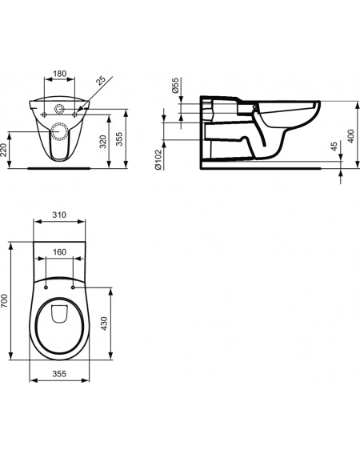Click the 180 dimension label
pos(60,74)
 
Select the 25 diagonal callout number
pos(101,81)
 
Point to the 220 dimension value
pos(4,150)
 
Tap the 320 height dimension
pos(103,141)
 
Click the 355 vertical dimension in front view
pos(119,139)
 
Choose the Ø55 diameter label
pos(175,86)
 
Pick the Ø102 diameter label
pos(158,159)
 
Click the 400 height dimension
pos(350,136)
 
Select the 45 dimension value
pos(334,147)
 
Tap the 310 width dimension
pos(59,215)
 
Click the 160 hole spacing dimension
pos(59,252)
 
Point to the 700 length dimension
pos(4,300)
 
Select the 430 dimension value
pos(104,323)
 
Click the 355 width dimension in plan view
pos(59,374)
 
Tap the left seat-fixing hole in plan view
pos(46,287)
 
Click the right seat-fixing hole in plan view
pos(73,287)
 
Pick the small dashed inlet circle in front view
pos(59,109)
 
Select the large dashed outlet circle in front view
pos(60,131)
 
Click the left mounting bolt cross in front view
pos(44,115)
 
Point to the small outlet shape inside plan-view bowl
pos(58,314)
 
